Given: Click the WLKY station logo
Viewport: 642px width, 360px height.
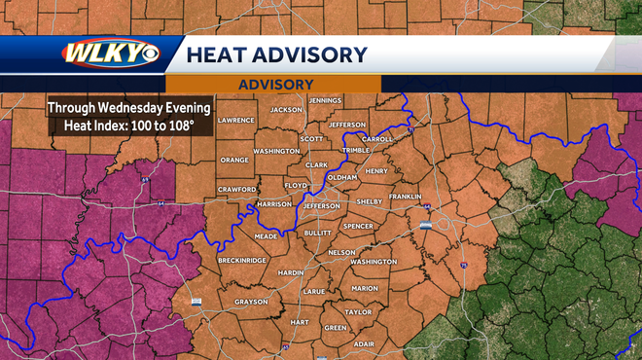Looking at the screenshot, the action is coord(111,54).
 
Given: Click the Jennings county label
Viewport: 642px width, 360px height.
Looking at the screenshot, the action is coord(324,100).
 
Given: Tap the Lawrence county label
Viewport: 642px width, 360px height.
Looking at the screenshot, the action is coord(235,120).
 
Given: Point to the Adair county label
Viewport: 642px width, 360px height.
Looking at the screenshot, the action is coord(364,343).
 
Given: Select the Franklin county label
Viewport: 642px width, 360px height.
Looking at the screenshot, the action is coord(405,197).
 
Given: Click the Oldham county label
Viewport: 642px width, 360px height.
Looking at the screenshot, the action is coord(342,177).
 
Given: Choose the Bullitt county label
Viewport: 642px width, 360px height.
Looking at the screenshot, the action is coord(317,234).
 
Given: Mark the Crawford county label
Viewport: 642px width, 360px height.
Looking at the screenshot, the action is coord(236,189).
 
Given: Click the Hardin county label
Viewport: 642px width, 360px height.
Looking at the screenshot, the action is coord(291,273).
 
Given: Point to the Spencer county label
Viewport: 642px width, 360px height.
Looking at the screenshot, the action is coord(357,227).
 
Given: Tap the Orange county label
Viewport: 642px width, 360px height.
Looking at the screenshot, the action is coord(234,160).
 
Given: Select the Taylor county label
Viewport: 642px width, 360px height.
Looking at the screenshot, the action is coord(358,312).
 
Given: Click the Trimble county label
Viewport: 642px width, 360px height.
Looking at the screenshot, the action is coord(356,151).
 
